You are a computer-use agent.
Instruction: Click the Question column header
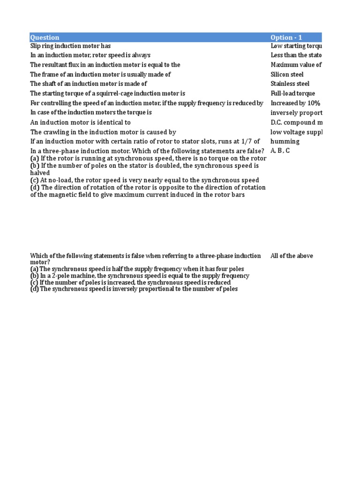[45, 37]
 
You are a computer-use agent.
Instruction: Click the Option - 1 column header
[287, 37]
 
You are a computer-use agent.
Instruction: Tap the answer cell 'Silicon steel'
[287, 75]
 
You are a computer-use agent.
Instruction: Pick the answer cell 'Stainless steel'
[290, 84]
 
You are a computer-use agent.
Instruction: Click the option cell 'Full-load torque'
[292, 94]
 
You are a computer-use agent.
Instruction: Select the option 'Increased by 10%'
[295, 103]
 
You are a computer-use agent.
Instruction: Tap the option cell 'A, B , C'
[280, 151]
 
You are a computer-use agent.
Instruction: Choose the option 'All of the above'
[292, 256]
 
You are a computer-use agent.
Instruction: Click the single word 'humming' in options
[285, 142]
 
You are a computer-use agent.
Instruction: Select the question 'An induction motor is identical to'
[80, 122]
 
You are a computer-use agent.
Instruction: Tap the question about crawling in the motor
[103, 132]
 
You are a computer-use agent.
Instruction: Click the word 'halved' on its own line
[40, 173]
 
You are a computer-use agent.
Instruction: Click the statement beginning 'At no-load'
[144, 180]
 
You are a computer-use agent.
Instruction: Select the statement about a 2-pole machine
[140, 276]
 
